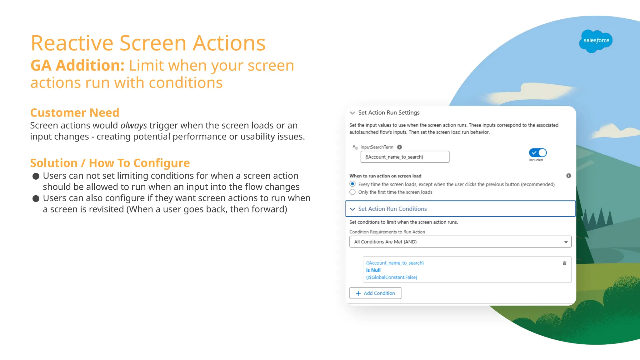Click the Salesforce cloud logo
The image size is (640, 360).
click(596, 41)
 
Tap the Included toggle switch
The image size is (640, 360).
click(537, 153)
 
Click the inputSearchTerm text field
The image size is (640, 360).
click(405, 157)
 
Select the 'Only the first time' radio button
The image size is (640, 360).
click(352, 192)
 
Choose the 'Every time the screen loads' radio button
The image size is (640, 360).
click(352, 184)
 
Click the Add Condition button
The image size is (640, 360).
click(375, 293)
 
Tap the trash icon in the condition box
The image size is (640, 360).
click(564, 263)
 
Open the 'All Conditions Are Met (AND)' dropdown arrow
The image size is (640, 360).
click(566, 242)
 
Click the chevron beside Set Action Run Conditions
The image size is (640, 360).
click(352, 209)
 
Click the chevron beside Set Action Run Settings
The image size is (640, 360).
click(352, 113)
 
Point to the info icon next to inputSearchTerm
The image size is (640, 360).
click(399, 147)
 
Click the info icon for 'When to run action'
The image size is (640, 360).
click(568, 176)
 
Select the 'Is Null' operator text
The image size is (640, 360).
click(373, 270)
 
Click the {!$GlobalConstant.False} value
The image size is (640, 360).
click(392, 277)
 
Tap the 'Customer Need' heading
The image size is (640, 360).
click(75, 112)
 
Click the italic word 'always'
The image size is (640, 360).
click(133, 126)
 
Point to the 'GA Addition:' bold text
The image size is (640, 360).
click(77, 66)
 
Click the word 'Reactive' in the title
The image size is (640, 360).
click(72, 43)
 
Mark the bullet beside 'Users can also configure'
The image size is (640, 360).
click(36, 199)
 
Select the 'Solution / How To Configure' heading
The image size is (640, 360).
click(110, 163)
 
